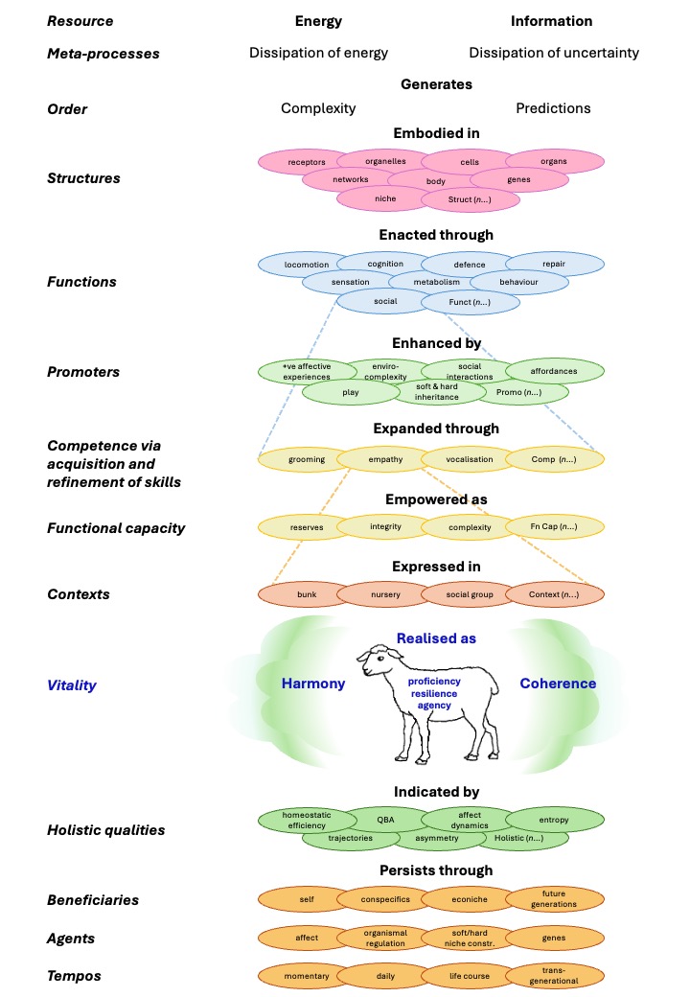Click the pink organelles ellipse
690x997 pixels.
(x=385, y=161)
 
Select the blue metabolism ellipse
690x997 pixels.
(x=436, y=282)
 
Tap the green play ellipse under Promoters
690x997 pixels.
(x=351, y=392)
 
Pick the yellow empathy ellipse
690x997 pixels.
(x=385, y=459)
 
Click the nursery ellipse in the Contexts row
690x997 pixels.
(x=385, y=594)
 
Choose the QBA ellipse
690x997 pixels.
(x=385, y=820)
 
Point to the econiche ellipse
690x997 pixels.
(x=470, y=899)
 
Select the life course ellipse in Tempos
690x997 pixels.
(x=470, y=975)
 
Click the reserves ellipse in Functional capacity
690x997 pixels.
(x=307, y=527)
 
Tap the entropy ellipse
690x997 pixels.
(x=554, y=820)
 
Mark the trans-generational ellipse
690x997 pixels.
(x=554, y=975)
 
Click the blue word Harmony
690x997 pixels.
(x=313, y=684)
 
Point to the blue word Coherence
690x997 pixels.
(x=558, y=684)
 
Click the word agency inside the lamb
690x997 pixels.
(x=434, y=706)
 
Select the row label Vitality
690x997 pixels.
(x=72, y=685)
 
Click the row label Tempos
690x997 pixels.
(x=74, y=976)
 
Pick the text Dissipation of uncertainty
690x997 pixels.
(x=554, y=53)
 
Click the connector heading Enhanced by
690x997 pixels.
(x=436, y=343)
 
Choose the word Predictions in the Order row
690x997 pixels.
(x=553, y=108)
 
